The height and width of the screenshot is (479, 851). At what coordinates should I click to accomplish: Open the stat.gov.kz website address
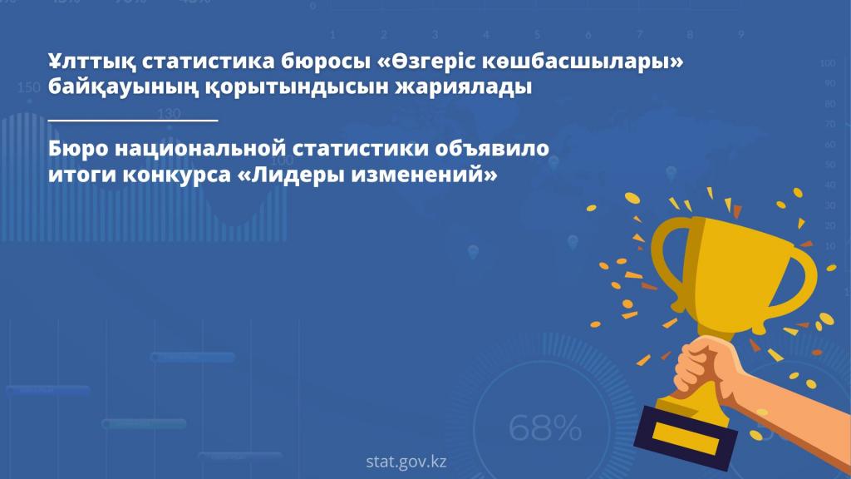[x=406, y=462]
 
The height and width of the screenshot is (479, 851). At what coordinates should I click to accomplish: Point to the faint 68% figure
[x=545, y=427]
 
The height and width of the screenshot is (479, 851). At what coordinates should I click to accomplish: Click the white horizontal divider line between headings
[x=133, y=120]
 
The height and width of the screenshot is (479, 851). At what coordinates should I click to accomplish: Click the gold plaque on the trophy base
[x=685, y=437]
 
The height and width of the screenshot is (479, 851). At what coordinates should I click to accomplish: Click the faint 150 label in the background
[x=28, y=87]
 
